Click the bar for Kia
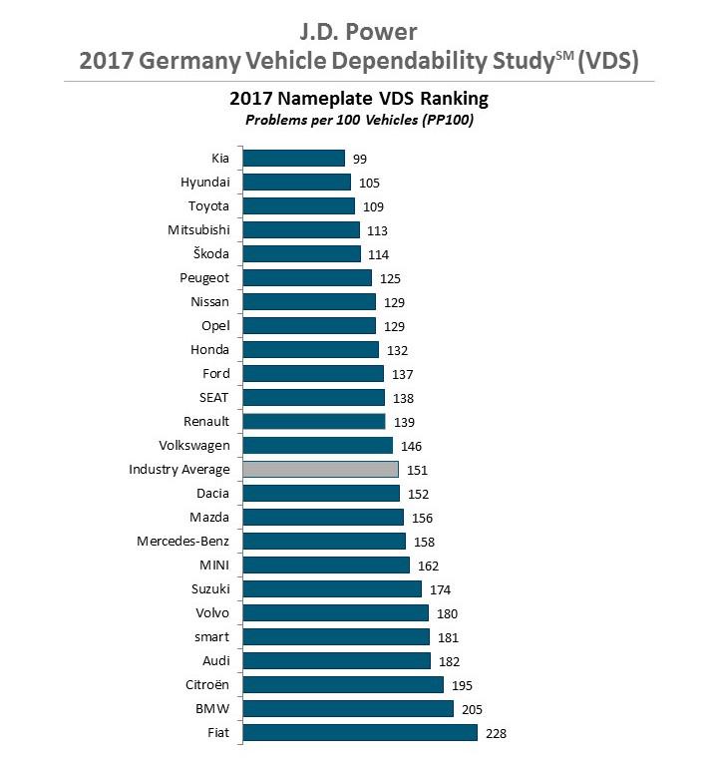294,159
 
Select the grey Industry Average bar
321,470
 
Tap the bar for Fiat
360,733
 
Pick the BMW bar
348,709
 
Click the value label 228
497,733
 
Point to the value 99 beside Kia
360,159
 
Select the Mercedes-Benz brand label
183,542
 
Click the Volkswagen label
194,446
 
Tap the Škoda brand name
208,254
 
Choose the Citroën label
204,685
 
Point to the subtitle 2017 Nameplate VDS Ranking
358,100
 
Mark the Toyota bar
299,206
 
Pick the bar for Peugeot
307,278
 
